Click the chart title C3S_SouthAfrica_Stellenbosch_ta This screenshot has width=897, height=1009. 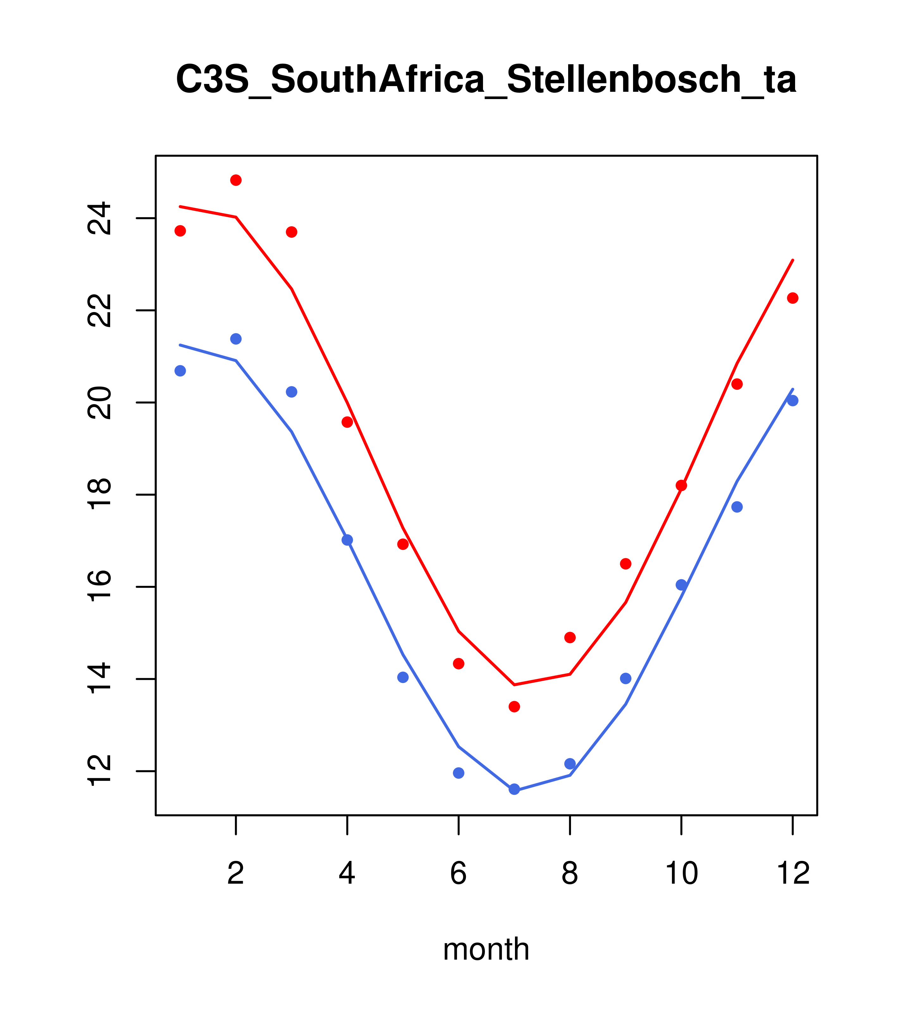coord(486,80)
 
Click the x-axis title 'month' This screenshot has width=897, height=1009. coord(486,949)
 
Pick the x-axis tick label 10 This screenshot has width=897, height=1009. coord(681,874)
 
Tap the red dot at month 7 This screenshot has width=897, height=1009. coord(514,707)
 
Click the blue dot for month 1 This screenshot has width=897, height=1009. coord(180,371)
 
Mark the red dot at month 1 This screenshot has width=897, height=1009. coord(180,231)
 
